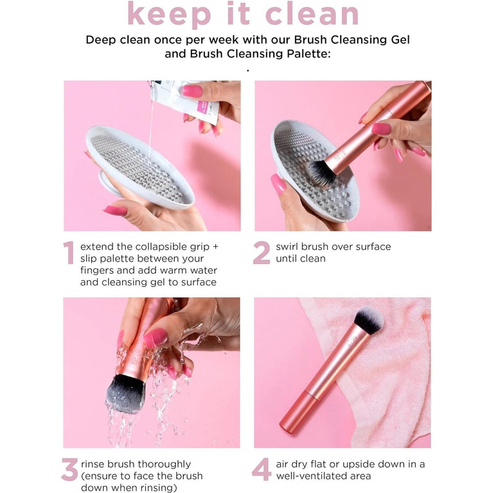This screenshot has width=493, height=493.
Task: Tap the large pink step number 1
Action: click(x=69, y=253)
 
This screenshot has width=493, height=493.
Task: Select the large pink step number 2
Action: click(x=262, y=253)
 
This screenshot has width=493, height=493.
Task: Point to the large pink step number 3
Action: click(x=69, y=470)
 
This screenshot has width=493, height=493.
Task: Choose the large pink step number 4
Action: click(x=262, y=470)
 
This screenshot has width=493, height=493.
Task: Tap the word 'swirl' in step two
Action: click(x=289, y=247)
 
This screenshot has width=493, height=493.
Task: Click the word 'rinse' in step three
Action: click(x=94, y=464)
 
